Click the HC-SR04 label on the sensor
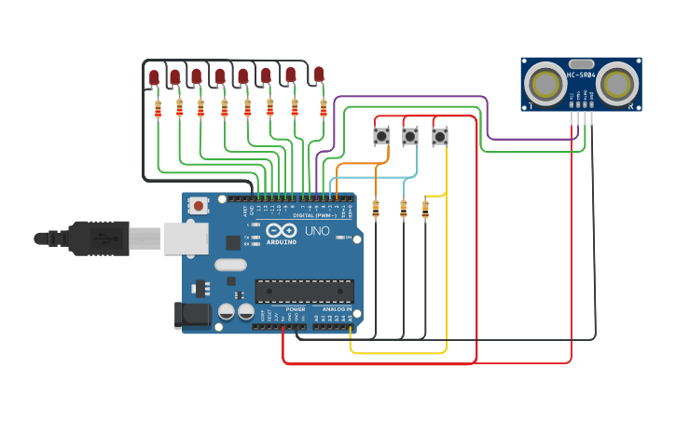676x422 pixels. click(581, 75)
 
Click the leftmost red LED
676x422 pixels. click(154, 78)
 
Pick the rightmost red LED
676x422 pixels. click(319, 74)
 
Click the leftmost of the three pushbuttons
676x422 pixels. click(381, 136)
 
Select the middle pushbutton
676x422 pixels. click(410, 137)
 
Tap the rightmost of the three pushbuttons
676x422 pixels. click(440, 137)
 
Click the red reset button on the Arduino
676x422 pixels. click(198, 205)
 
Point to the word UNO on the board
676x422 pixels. click(318, 230)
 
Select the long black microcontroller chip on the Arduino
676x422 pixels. click(304, 291)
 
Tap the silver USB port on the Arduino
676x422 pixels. click(186, 238)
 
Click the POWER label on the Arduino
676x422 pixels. click(295, 309)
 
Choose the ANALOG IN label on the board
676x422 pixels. click(337, 309)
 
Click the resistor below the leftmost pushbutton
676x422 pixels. click(376, 210)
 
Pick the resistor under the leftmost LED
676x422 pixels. click(158, 109)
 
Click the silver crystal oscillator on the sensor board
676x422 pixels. click(581, 62)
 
